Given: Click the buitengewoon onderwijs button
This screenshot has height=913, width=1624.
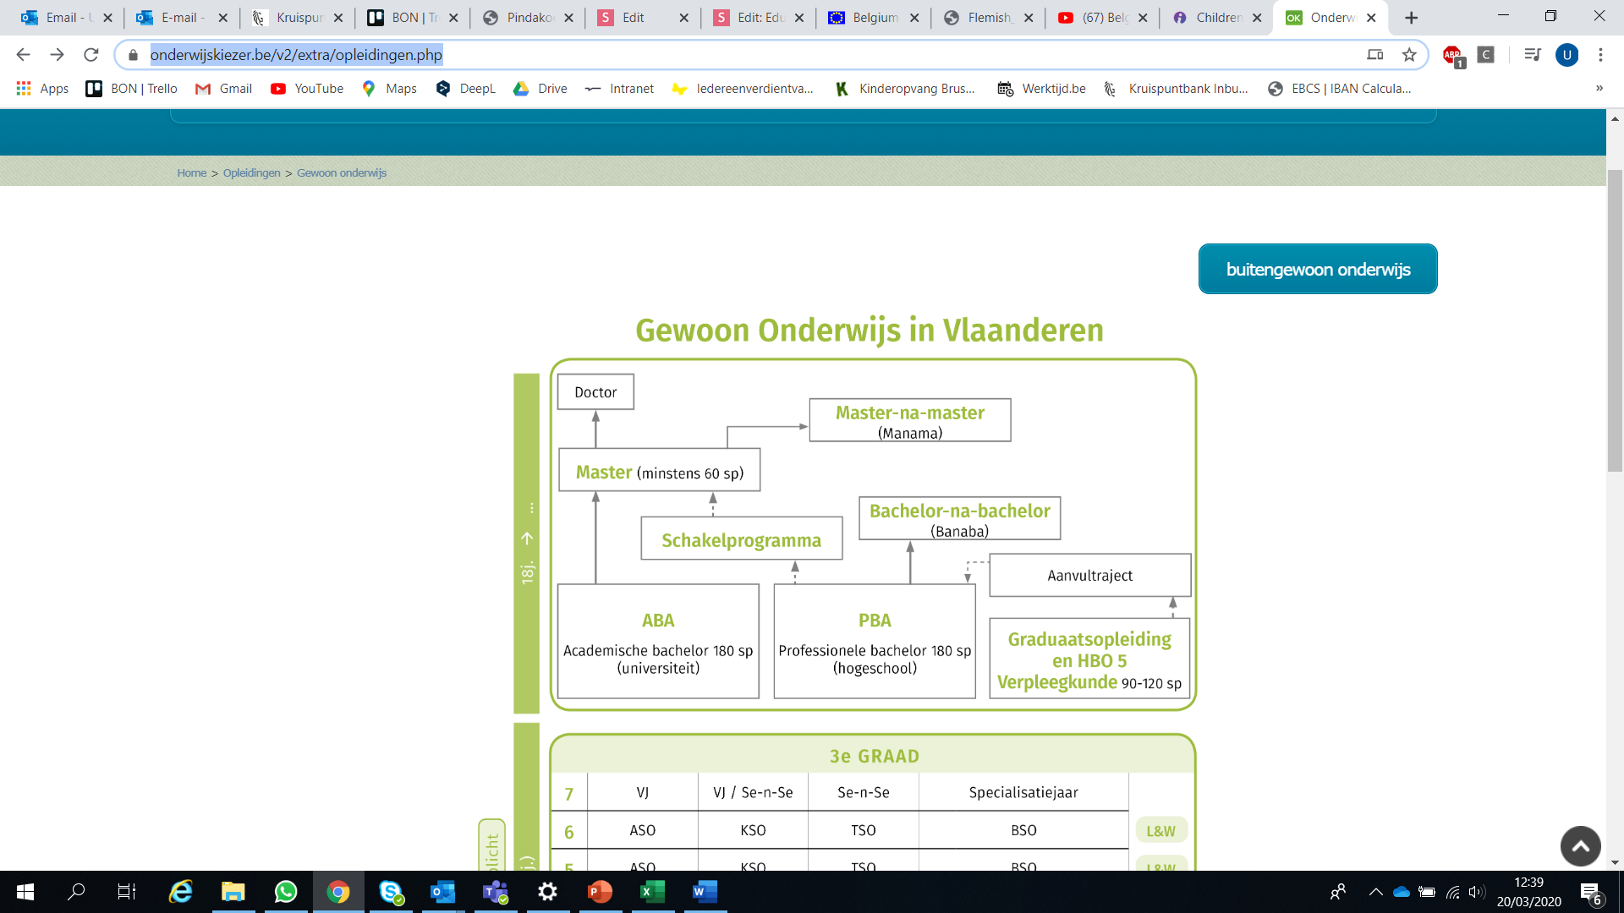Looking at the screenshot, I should coord(1318,269).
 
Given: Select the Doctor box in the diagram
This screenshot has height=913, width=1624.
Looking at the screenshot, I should coord(595,392).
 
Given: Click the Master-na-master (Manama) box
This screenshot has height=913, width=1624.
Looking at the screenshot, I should coord(909,420).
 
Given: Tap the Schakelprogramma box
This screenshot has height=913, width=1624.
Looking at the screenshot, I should coord(741,539).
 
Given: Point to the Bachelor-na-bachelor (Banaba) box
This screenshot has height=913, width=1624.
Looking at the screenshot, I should coord(959,518).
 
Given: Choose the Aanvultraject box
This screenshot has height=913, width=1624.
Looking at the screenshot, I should coord(1089,575).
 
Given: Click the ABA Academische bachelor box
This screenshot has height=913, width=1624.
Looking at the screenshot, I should coord(658,642).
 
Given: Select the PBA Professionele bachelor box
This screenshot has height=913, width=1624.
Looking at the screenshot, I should coord(875,642).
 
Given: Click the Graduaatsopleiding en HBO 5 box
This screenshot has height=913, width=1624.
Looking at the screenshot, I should coord(1089,659).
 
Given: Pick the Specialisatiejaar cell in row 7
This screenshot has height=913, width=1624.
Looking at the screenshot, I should coord(1023,792).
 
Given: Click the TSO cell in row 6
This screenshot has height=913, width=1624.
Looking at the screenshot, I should coord(863,830).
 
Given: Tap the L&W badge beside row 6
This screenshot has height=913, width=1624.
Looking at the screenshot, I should coord(1160,831).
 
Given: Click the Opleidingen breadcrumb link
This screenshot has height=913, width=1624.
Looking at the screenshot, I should coord(251,172).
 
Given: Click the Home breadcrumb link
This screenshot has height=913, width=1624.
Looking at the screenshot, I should coord(191,172).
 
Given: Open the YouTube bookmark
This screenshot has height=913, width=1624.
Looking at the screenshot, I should coord(307,89).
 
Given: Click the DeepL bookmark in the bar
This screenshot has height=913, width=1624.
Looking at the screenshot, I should coord(466,89).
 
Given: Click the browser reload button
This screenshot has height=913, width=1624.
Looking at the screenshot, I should coord(91,55).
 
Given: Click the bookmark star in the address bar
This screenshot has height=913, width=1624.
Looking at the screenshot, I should coord(1409,55).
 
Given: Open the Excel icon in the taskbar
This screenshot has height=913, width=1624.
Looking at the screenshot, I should coord(652,892).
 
